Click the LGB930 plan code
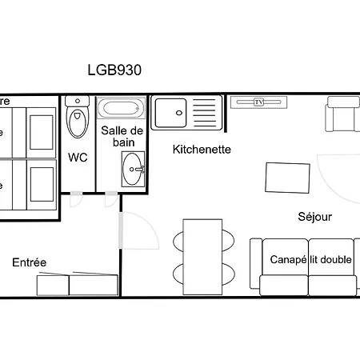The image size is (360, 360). [x=114, y=70]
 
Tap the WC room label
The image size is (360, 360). [x=78, y=157]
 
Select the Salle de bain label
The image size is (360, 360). [x=122, y=136]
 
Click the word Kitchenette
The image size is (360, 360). [x=202, y=149]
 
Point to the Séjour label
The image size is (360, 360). [x=314, y=216]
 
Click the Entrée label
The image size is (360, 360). [x=29, y=262]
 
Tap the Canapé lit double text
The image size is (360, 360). [x=310, y=260]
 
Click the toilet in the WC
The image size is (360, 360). [x=78, y=120]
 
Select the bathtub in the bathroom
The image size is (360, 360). [x=122, y=109]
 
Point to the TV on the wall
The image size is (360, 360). [x=258, y=102]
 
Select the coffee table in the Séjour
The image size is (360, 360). [x=289, y=177]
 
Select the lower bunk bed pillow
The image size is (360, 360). [x=40, y=185]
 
